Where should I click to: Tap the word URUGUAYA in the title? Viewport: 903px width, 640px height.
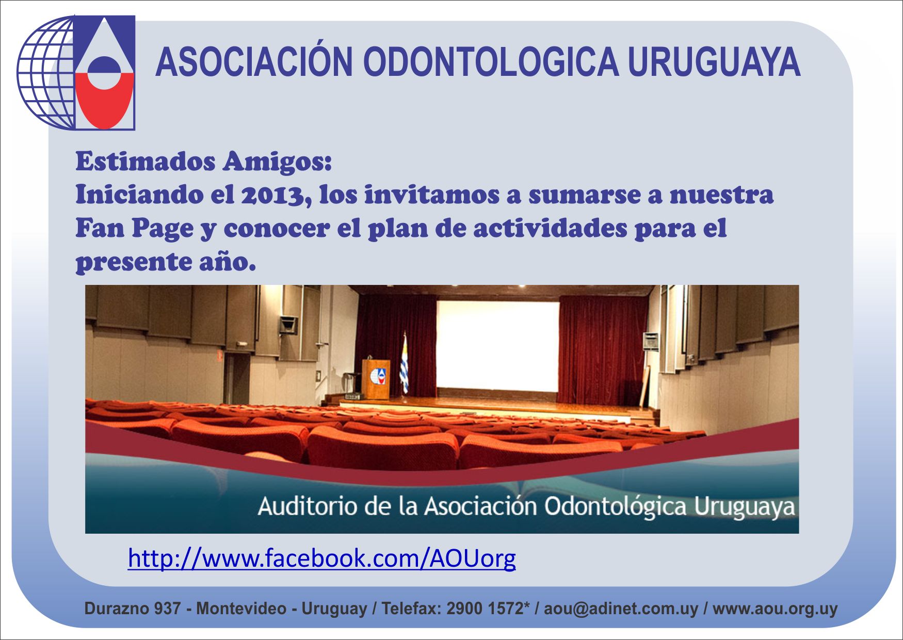click(714, 62)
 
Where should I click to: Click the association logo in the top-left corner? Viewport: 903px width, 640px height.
click(76, 72)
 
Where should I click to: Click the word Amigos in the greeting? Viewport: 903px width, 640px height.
click(277, 162)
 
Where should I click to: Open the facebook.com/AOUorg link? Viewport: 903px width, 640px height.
click(321, 558)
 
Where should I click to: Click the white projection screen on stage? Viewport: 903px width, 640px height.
click(498, 347)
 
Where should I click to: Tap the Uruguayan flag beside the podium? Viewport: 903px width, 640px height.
click(404, 363)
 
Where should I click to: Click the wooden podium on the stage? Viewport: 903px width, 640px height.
click(376, 379)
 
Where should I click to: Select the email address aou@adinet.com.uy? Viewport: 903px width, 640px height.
click(621, 609)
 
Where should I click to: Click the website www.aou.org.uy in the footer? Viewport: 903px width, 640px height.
click(775, 609)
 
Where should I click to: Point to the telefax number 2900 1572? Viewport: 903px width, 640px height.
click(485, 609)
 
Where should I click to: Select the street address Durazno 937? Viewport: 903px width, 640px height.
click(133, 609)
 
